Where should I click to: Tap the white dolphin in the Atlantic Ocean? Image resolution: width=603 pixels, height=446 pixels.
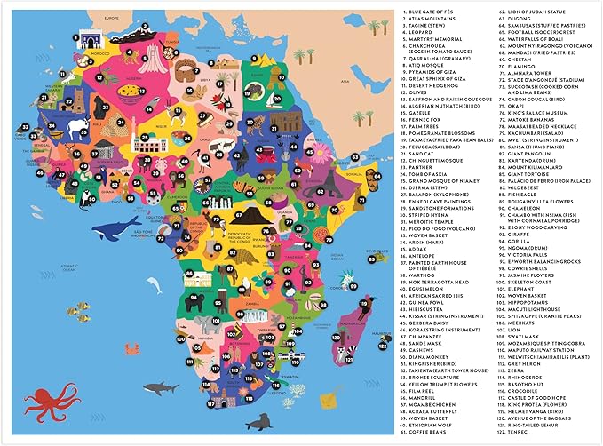point(153,285)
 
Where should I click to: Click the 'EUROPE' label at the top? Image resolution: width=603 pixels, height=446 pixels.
point(85,17)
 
